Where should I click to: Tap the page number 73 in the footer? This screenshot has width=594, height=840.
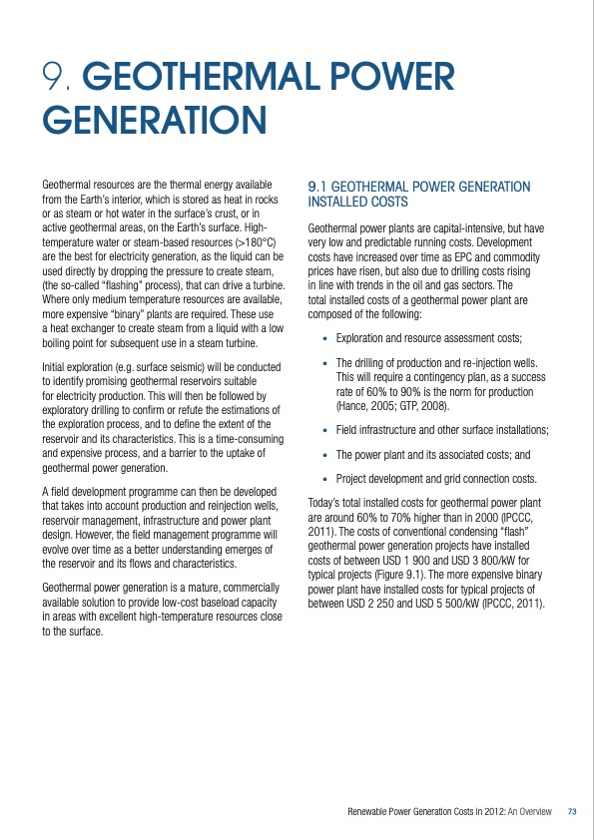[572, 812]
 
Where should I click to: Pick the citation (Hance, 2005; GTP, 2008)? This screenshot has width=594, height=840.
[392, 405]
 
